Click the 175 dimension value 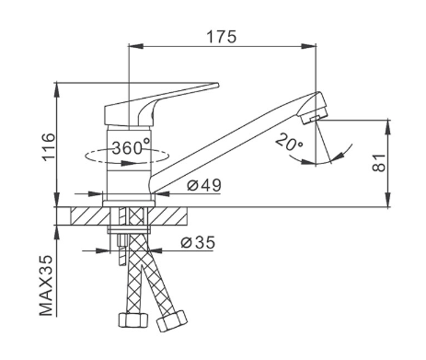click(222, 37)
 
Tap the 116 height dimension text click(49, 147)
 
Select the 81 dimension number click(379, 163)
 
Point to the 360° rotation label click(131, 147)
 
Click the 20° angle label click(289, 143)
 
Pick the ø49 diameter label click(204, 185)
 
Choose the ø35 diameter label click(198, 242)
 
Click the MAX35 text click(47, 285)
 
